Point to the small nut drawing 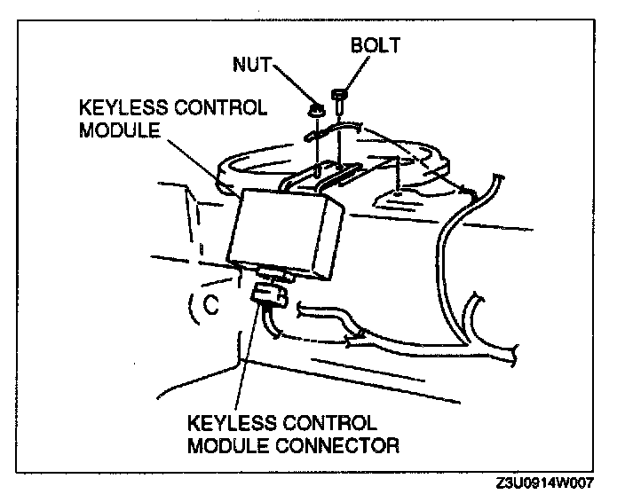coord(315,112)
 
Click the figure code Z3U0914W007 coord(545,483)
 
